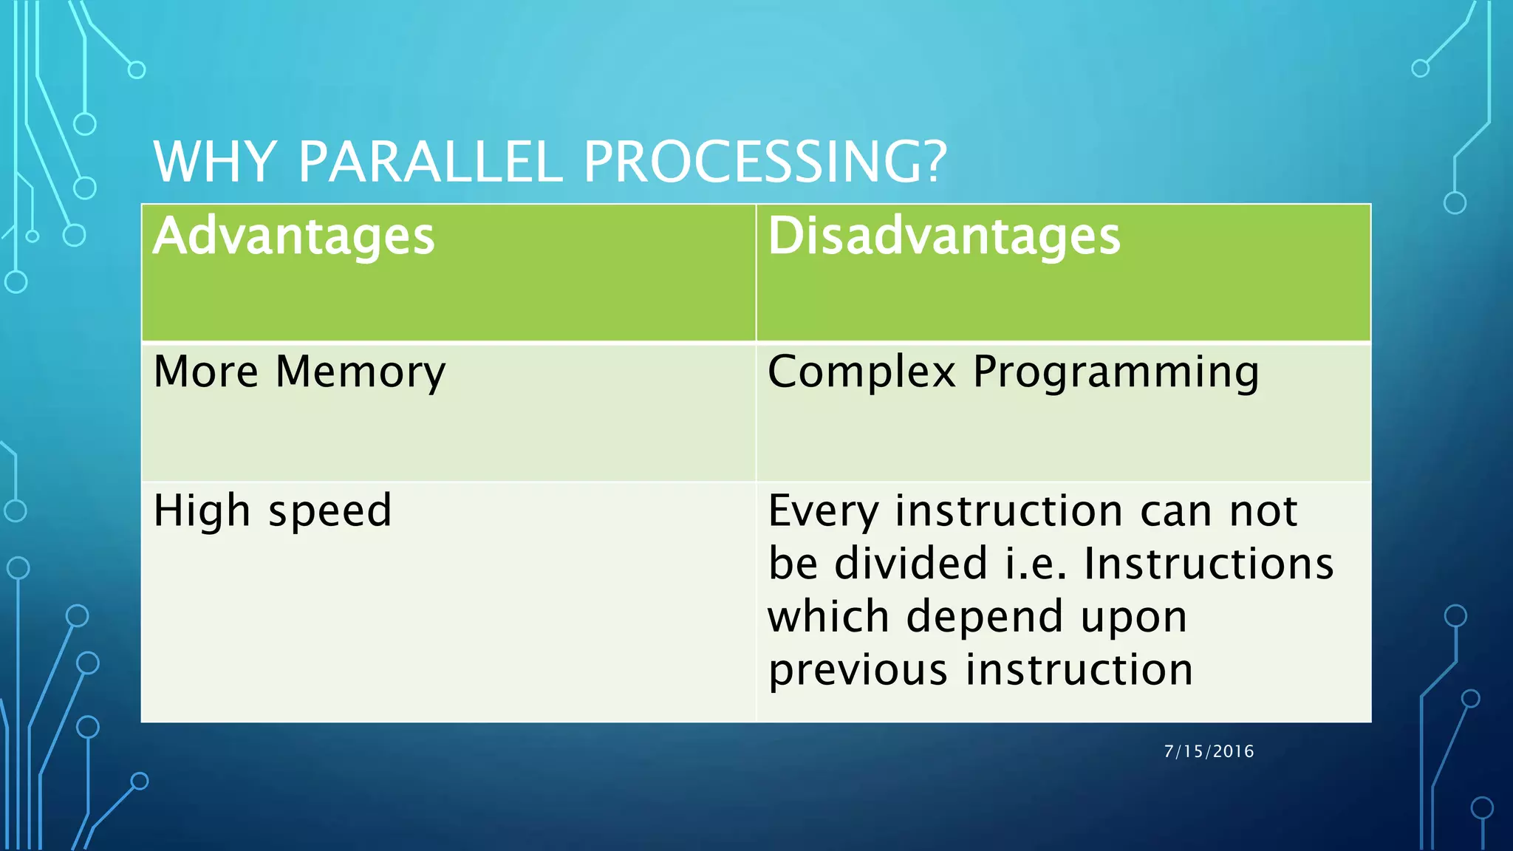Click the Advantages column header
click(294, 236)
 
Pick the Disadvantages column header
click(943, 236)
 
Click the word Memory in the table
click(361, 372)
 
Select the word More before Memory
click(205, 372)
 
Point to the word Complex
click(861, 372)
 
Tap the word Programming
click(1116, 372)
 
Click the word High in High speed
click(202, 511)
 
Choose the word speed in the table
click(329, 511)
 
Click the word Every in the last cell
click(823, 511)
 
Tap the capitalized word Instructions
click(1209, 564)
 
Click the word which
click(828, 617)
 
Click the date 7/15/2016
click(1209, 751)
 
